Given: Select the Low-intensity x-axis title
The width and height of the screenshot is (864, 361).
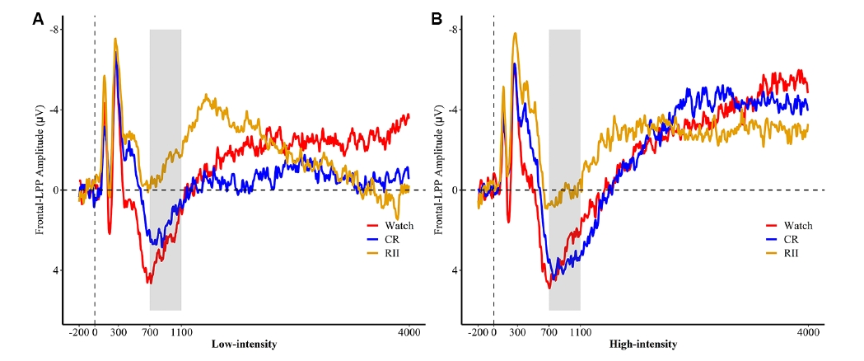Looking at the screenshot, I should [x=244, y=344].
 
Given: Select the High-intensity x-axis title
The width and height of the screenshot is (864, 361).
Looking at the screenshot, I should [x=643, y=344].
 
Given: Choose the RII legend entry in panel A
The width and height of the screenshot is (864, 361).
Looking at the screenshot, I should [x=391, y=252].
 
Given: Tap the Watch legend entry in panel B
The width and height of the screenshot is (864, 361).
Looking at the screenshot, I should [x=797, y=225].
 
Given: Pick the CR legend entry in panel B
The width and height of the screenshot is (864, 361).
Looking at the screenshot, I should [x=790, y=239].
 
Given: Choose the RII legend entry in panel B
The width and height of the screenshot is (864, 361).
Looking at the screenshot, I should [x=791, y=253].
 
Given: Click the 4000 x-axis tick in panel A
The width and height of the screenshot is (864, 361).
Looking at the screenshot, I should [x=409, y=332].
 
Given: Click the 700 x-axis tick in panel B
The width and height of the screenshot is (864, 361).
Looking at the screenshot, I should [x=549, y=332].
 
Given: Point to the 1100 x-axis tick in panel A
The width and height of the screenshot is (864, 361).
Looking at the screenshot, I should [x=181, y=332].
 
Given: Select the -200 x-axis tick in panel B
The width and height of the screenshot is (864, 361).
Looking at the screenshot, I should [x=478, y=332].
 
